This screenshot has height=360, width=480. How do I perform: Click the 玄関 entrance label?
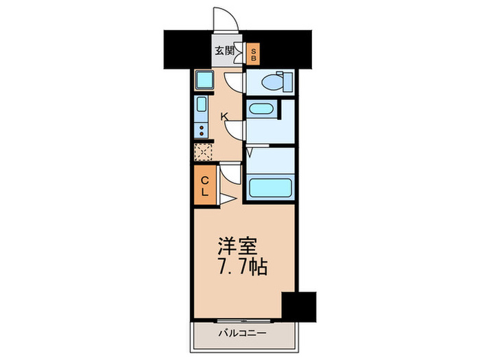[223, 50]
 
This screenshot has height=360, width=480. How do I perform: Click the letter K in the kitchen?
[224, 117]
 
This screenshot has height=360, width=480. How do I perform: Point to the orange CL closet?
[204, 184]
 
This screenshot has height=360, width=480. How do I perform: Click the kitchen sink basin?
[202, 106]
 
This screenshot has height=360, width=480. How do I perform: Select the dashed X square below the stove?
[203, 152]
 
